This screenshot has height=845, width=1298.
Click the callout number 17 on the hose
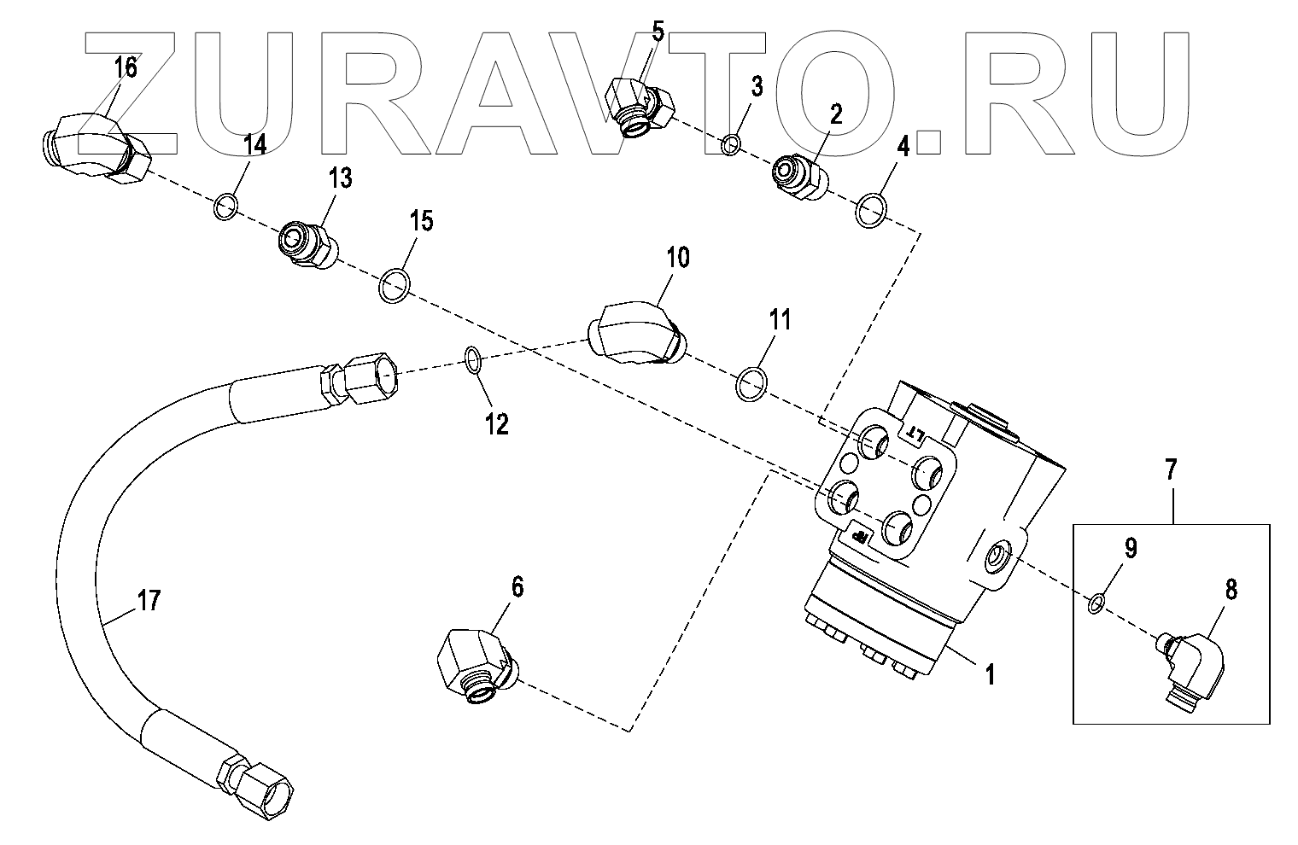point(149,603)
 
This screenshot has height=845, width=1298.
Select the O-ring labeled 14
point(225,207)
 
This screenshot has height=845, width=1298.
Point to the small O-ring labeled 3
point(730,145)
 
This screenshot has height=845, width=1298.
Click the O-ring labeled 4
point(869,209)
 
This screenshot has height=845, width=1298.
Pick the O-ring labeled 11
point(750,384)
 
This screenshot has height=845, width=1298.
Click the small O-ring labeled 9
point(1097,603)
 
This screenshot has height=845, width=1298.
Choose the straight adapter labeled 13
point(307,243)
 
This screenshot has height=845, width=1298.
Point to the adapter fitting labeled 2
point(798,178)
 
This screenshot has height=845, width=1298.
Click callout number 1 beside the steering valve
point(990,675)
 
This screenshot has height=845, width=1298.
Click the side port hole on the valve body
point(997,560)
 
